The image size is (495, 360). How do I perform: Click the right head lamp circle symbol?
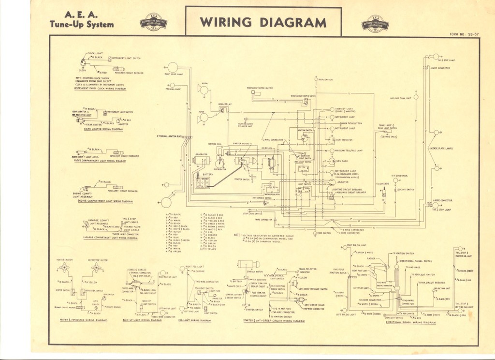173,67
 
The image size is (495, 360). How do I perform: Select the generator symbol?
201,160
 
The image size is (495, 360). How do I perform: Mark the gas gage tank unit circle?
416,97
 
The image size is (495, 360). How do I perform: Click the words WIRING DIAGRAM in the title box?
263,22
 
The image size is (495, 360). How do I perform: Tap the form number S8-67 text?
464,34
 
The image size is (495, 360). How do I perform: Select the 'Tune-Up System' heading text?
82,25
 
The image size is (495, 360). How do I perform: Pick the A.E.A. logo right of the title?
375,23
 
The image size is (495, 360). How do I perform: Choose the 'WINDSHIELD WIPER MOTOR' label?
260,88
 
